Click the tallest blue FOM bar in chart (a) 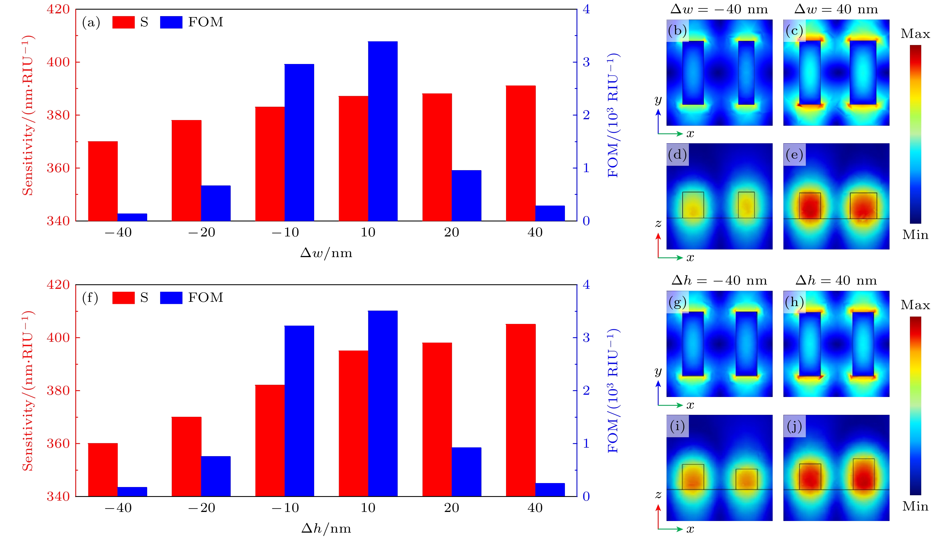coord(383,131)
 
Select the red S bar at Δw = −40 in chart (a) coord(103,181)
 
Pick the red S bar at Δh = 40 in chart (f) coord(520,410)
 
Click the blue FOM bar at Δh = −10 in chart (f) coord(299,411)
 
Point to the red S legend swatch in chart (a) coord(123,22)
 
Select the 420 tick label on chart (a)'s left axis coord(58,9)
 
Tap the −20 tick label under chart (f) coord(202,508)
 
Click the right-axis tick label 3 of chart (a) coord(586,62)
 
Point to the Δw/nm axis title coord(326,253)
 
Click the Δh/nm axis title coord(326,528)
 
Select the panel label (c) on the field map coord(794,31)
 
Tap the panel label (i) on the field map coord(677,426)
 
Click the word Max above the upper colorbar coord(915,34)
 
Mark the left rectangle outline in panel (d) coord(693,205)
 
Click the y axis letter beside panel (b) coord(658,100)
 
